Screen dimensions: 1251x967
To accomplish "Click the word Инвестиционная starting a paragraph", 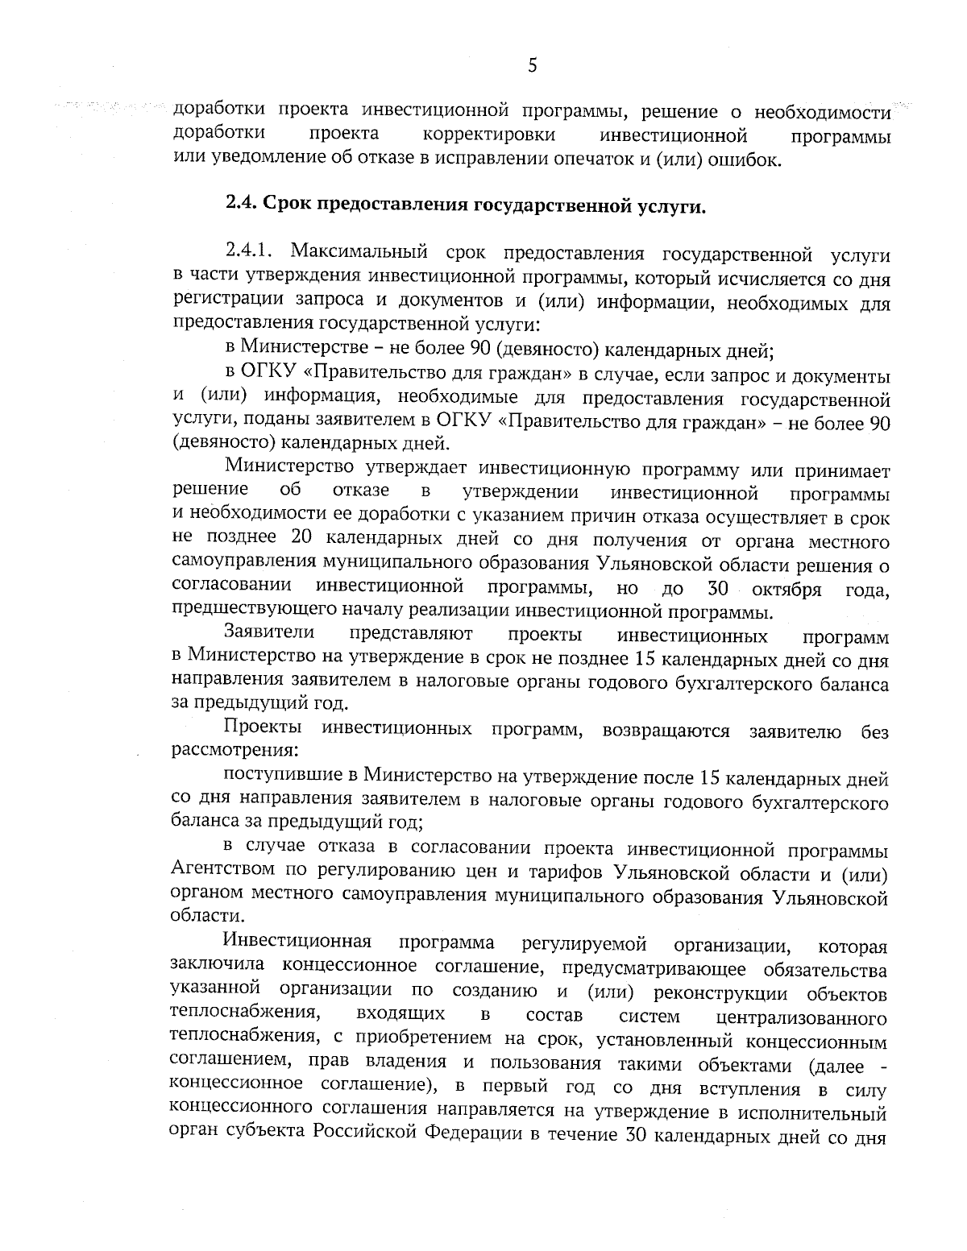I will [297, 942].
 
